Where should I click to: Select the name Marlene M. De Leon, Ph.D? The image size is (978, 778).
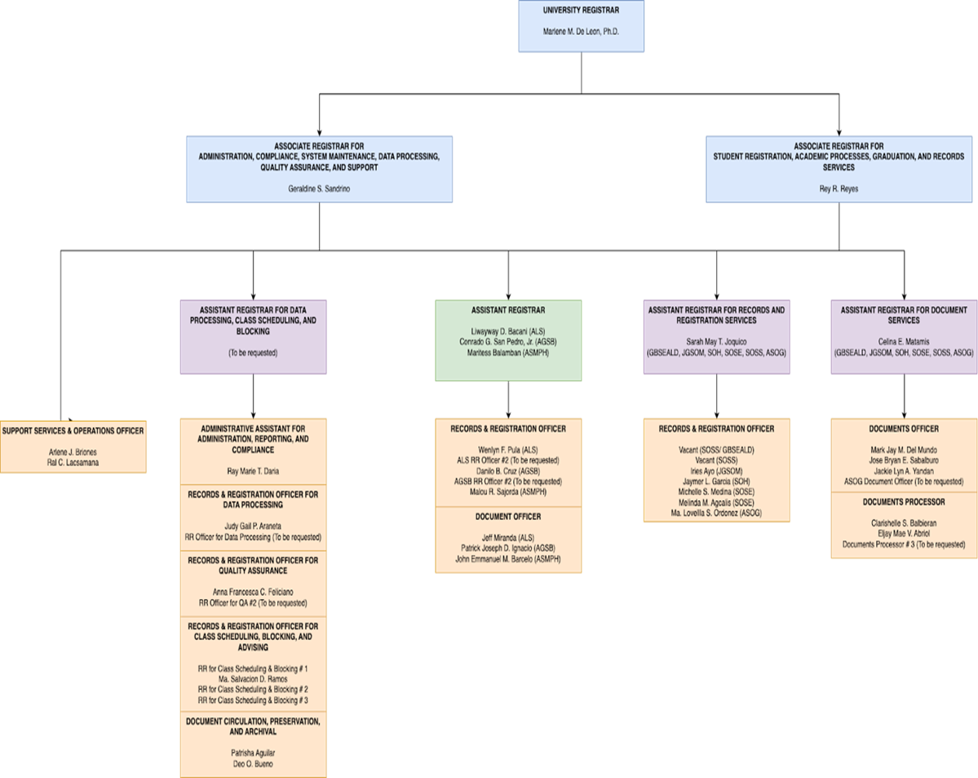pyautogui.click(x=581, y=31)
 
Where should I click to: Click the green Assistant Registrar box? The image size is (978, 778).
pyautogui.click(x=508, y=340)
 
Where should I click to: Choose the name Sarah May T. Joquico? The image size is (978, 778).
pyautogui.click(x=716, y=342)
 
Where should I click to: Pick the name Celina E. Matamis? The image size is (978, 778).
pyautogui.click(x=904, y=342)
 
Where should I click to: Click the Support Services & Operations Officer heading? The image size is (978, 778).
pyautogui.click(x=73, y=430)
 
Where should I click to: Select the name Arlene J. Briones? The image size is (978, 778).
pyautogui.click(x=73, y=451)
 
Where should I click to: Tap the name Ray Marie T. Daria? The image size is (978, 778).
pyautogui.click(x=253, y=471)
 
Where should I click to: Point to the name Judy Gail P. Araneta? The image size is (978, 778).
pyautogui.click(x=253, y=526)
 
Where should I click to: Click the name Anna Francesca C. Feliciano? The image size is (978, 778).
pyautogui.click(x=253, y=592)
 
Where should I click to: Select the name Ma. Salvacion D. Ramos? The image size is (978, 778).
pyautogui.click(x=253, y=679)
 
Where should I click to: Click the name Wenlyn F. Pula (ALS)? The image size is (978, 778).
pyautogui.click(x=508, y=450)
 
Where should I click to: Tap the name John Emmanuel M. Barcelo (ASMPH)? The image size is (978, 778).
pyautogui.click(x=508, y=559)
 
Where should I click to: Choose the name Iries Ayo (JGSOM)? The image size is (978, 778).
pyautogui.click(x=716, y=471)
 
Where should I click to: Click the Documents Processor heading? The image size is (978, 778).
pyautogui.click(x=904, y=501)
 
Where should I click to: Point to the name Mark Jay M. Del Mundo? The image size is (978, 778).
pyautogui.click(x=904, y=450)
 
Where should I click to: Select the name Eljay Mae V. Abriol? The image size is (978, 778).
pyautogui.click(x=904, y=533)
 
